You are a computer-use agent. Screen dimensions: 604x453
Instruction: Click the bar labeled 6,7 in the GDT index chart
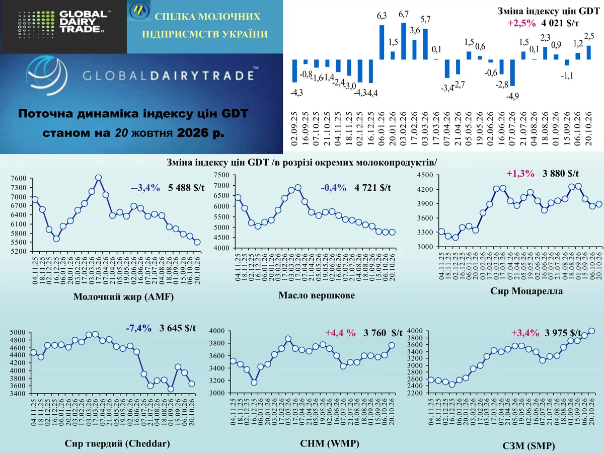pos(403,41)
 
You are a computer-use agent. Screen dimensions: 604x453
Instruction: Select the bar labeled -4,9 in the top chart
pos(512,72)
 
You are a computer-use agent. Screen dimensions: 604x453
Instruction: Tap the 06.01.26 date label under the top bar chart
pos(382,128)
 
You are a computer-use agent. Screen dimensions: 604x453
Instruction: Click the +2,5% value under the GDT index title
pos(521,23)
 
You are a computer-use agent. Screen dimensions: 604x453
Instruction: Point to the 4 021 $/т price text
pos(560,23)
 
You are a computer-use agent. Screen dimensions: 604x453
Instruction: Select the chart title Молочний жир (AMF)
pos(123,296)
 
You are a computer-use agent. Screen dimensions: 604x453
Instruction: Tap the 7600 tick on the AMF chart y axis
pos(19,178)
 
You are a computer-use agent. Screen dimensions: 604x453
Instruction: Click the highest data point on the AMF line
pos(98,178)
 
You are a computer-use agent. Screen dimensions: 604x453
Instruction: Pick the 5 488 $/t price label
pos(186,188)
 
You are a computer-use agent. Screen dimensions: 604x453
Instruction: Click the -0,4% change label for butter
pos(334,188)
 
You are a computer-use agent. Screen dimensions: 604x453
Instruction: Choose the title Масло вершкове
pos(317,295)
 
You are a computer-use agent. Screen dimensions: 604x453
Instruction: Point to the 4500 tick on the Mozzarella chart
pos(425,175)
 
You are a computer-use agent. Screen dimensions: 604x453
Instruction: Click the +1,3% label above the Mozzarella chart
pos(520,174)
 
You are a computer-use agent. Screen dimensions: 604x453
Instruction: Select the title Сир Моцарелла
pos(526,291)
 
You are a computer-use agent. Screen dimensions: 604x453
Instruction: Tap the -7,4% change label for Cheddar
pos(138,328)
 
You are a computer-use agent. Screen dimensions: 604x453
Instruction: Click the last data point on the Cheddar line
pos(192,384)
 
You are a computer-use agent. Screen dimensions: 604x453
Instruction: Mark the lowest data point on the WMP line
pos(254,383)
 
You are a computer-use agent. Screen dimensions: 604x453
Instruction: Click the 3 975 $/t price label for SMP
pos(563,333)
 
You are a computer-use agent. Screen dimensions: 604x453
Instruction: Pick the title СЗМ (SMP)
pos(528,445)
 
